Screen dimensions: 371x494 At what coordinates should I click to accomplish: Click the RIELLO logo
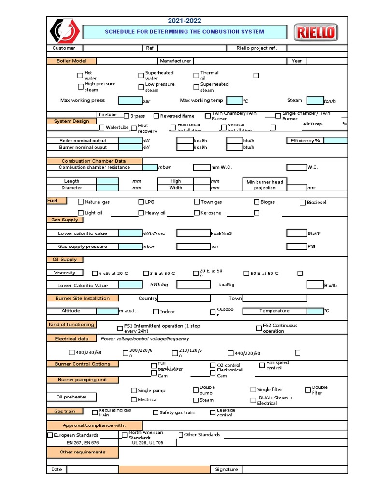[316, 33]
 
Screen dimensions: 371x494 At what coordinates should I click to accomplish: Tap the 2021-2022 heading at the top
[185, 21]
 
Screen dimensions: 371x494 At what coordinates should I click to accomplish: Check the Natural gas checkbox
[81, 202]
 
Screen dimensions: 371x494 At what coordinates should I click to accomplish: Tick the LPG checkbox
[141, 202]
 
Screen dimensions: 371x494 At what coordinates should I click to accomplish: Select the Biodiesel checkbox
[303, 202]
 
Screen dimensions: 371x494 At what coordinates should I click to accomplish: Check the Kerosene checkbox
[197, 213]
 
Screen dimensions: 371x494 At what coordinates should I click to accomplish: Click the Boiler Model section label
[71, 61]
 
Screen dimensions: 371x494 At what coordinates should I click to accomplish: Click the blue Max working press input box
[130, 101]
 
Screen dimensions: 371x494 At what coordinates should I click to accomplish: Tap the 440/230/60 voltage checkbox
[230, 353]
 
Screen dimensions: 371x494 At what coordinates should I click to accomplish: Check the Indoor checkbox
[156, 312]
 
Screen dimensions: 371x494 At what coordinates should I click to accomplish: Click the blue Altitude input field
[107, 311]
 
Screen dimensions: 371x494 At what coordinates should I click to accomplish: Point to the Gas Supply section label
[65, 220]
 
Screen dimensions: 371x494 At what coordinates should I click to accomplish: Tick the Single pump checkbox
[134, 390]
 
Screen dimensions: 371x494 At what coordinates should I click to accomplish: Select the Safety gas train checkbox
[156, 412]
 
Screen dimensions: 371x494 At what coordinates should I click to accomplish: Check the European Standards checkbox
[50, 435]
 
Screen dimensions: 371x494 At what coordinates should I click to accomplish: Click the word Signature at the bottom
[227, 469]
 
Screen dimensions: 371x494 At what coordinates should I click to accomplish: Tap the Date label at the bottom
[57, 469]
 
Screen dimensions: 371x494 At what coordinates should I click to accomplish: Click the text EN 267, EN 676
[83, 442]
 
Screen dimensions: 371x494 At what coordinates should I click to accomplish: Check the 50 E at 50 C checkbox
[246, 274]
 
